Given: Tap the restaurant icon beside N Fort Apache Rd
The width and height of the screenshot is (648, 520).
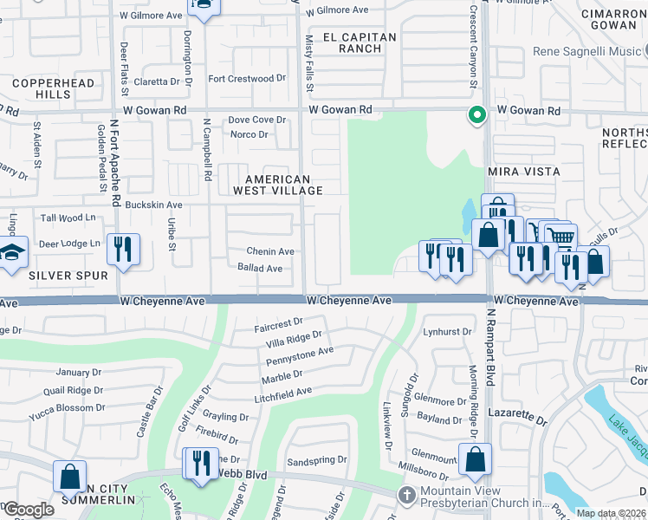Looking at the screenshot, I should click(123, 250).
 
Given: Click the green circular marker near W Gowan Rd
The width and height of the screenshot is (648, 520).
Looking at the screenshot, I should click(475, 114).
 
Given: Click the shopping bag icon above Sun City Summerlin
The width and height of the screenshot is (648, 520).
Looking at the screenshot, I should click(69, 477).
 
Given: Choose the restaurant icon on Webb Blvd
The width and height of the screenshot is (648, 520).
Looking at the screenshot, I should click(202, 462).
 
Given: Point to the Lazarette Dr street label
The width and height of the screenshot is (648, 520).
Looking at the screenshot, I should click(517, 417).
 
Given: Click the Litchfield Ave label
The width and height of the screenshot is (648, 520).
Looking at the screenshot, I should click(282, 393).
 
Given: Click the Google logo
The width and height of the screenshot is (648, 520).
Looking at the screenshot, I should click(29, 510).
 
